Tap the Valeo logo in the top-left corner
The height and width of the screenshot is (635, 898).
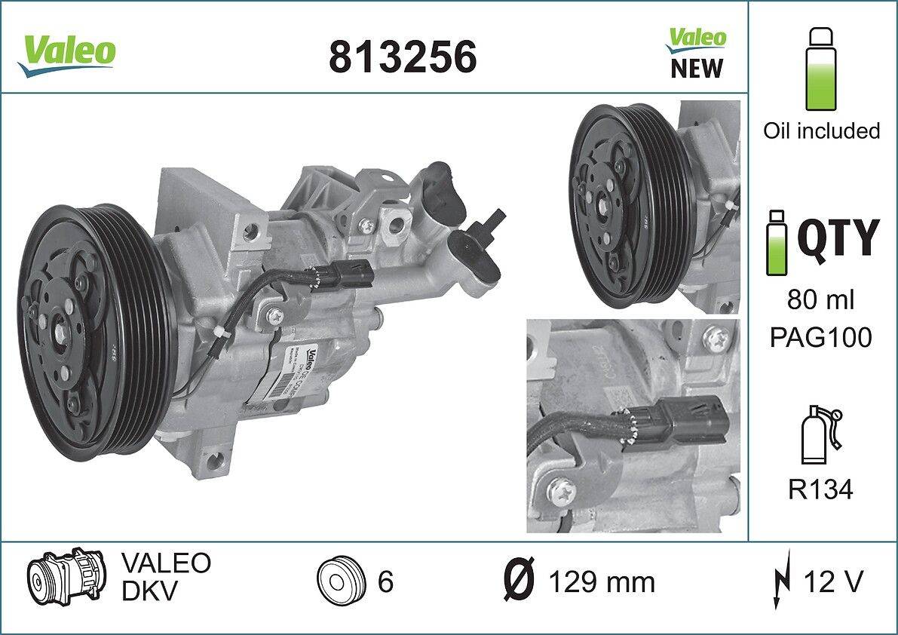coord(67,53)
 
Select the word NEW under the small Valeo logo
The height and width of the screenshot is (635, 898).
coord(696,69)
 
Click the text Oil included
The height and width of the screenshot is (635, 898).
coord(821,130)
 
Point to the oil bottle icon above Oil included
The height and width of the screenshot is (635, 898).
coord(821,69)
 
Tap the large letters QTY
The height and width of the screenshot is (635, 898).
coord(838,238)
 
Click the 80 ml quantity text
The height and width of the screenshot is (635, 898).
coord(820,300)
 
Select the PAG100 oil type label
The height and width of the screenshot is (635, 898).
coord(820,337)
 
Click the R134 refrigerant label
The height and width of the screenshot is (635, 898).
coord(820,490)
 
